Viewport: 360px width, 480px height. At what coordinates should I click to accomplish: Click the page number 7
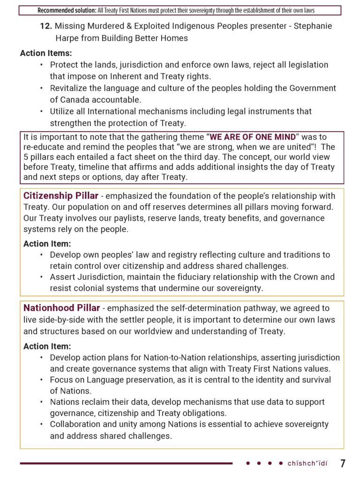coord(343,464)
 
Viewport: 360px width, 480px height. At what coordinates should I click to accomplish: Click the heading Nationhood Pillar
coord(61,308)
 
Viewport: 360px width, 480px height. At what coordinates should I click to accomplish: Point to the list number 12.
coord(45,27)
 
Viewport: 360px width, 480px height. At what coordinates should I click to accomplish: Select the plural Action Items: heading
coord(46,53)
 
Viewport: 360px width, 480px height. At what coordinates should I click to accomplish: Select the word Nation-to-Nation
coord(176,358)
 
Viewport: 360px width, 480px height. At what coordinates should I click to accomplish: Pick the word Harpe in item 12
coord(68,38)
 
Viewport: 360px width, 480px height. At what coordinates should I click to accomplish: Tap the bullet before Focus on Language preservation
coord(42,380)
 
